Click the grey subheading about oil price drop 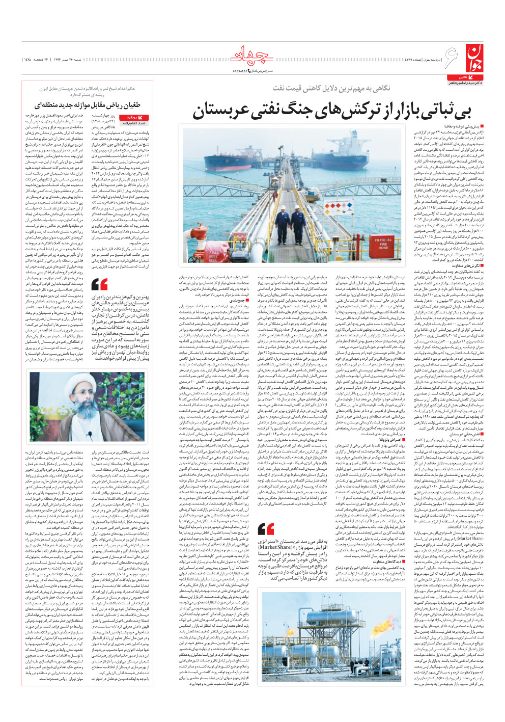331,88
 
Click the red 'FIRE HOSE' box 381,244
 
